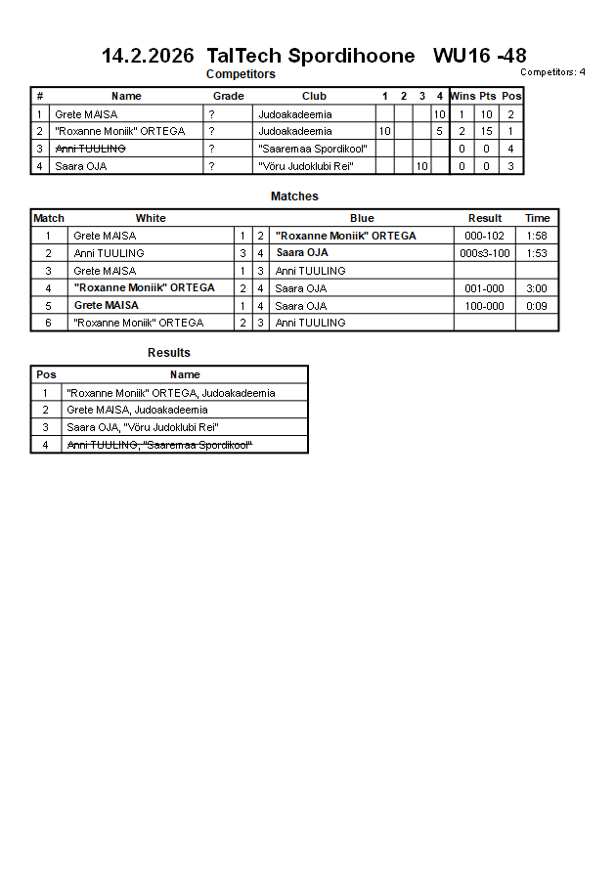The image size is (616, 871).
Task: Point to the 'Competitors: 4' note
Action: (552, 71)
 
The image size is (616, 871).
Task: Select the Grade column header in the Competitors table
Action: (228, 96)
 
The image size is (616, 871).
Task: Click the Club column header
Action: (314, 96)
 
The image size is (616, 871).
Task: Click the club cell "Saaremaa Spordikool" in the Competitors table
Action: (312, 149)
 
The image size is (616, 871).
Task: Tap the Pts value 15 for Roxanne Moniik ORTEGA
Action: (486, 131)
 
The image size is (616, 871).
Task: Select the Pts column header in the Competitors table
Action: (487, 96)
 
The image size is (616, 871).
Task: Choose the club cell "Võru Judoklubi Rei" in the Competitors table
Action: (305, 166)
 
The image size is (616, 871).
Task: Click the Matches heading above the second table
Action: (294, 196)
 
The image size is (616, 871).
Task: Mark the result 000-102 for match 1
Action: (484, 236)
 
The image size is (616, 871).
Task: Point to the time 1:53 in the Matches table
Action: (537, 253)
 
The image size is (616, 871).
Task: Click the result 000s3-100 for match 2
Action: (484, 253)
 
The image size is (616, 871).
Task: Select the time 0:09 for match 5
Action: (537, 306)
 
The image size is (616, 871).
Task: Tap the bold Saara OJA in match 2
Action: (301, 252)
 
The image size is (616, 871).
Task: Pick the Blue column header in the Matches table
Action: (362, 218)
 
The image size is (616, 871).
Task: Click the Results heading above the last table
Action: (169, 353)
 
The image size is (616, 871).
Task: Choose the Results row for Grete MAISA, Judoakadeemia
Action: (136, 411)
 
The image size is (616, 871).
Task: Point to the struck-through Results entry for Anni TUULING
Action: (159, 446)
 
